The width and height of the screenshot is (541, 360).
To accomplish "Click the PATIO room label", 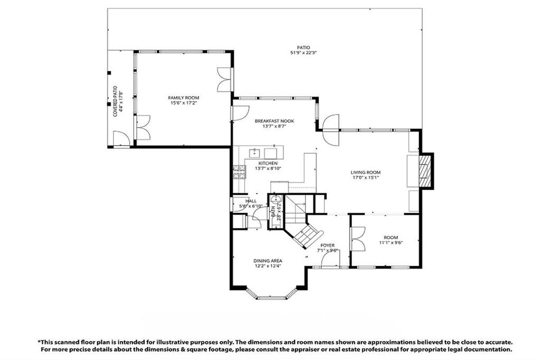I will coord(300,48).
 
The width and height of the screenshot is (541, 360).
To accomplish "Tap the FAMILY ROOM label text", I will coord(184,98).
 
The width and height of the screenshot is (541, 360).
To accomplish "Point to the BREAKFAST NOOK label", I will coord(274,121).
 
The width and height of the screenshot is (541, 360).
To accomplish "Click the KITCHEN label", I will coord(268,164).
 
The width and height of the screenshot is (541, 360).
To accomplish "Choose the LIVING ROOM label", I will coord(366,172).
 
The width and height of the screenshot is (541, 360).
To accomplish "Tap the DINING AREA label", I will coord(267,261).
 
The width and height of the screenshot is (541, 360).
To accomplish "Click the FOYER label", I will coord(328,245).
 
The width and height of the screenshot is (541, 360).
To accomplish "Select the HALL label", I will coord(250,201).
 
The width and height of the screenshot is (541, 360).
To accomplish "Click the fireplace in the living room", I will coord(425,170).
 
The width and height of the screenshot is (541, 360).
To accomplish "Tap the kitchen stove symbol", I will coord(239,172).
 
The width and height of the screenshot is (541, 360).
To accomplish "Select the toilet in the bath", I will coord(276,200).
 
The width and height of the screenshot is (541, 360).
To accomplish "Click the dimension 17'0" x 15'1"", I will coord(366,178).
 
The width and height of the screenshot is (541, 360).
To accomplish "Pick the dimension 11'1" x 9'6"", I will coord(391,243).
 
